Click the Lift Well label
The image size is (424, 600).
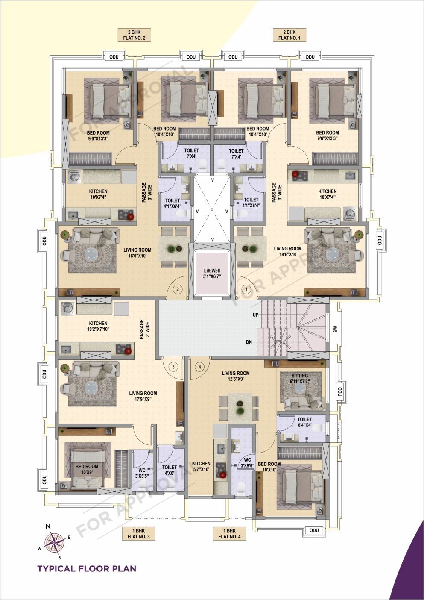coord(212,274)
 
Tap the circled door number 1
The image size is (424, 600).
coord(246,289)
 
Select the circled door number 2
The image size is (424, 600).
coord(178,289)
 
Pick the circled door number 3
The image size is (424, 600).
coord(173,366)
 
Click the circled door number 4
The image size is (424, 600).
coord(199,366)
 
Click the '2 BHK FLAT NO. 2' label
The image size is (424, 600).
coord(134,35)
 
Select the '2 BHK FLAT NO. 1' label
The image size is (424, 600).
coord(289,35)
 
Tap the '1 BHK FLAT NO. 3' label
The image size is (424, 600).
coord(138,533)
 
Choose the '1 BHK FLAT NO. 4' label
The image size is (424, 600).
coord(229,533)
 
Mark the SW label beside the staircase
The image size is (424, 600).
coord(335,329)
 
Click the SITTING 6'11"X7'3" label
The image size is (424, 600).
coord(299,378)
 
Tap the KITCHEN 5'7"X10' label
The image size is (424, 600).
coord(201,466)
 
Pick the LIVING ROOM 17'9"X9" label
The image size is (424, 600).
coord(143,396)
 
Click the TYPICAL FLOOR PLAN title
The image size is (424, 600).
coord(87,568)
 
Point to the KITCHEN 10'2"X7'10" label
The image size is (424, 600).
coord(98,326)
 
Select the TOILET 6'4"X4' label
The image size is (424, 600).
coord(304,422)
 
